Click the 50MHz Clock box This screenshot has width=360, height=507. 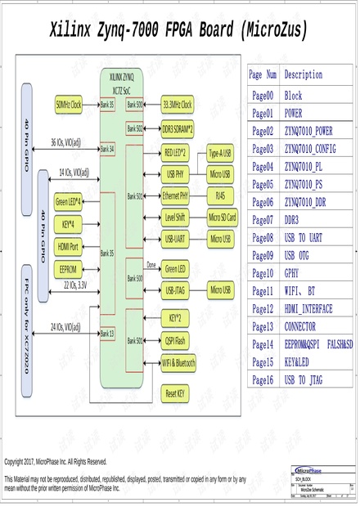point(69,105)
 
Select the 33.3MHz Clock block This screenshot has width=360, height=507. point(177,105)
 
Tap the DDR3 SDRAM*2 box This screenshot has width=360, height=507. point(178,129)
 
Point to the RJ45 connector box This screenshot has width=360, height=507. point(220,196)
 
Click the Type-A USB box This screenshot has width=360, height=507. point(220,153)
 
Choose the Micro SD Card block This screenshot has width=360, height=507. point(222,218)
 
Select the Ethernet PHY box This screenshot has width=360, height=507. point(176,196)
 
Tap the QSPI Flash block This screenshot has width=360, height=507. point(175,340)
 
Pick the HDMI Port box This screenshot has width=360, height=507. point(68,245)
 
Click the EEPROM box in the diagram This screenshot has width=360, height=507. point(68,267)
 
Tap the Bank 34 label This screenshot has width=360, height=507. point(107,150)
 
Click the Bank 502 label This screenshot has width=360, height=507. point(135,129)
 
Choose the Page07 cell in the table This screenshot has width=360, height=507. point(263,220)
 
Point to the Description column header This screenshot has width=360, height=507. point(304,74)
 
